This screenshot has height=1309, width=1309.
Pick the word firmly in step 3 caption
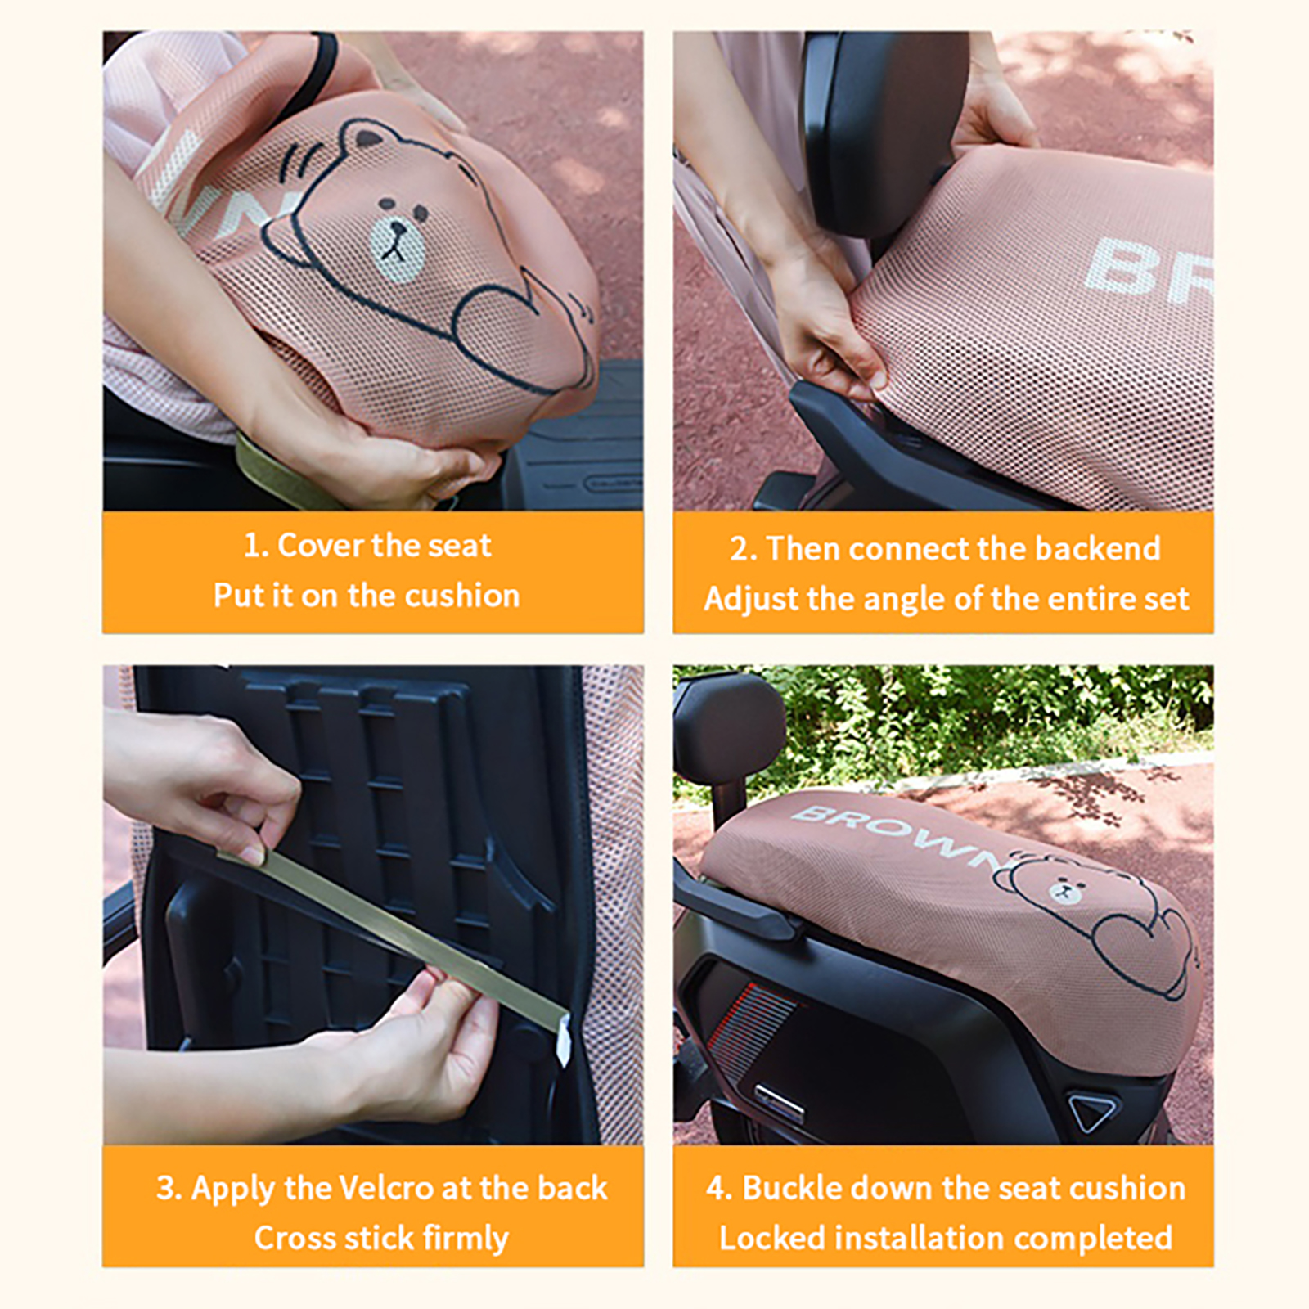[x=466, y=1239]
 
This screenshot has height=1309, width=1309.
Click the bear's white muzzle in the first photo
[x=398, y=242]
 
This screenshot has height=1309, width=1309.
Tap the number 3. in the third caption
[x=169, y=1188]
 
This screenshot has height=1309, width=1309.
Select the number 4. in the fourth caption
[x=720, y=1188]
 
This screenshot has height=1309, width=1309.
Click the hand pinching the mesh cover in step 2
[x=826, y=327]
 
